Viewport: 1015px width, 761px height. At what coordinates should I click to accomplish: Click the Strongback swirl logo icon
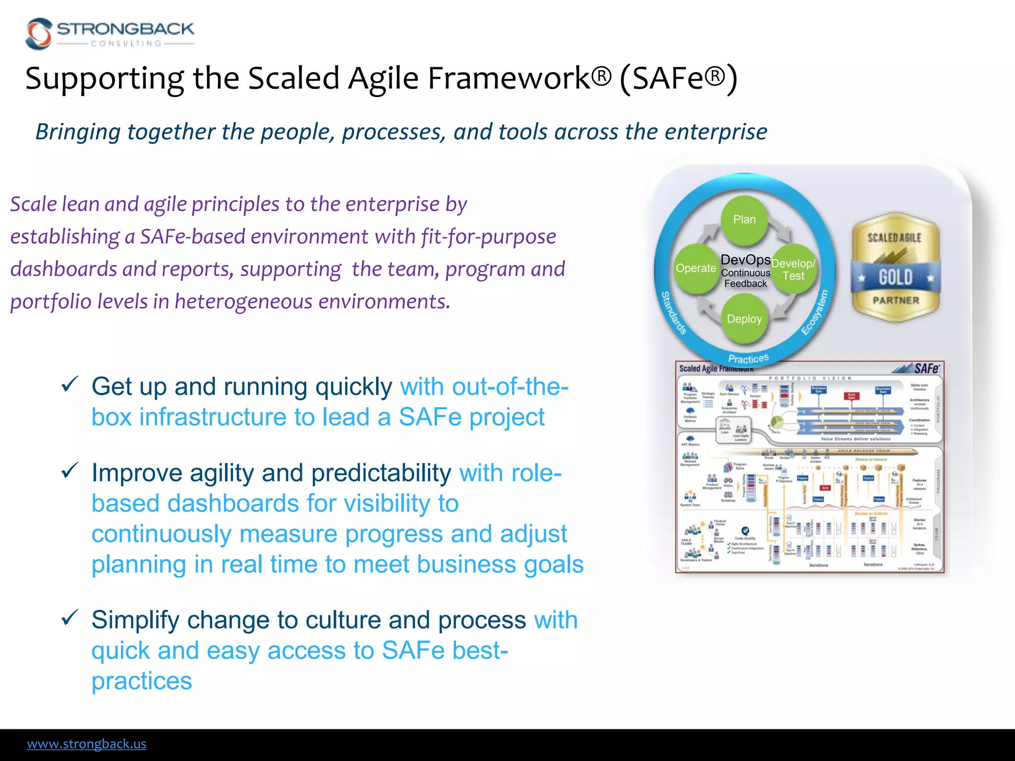(39, 34)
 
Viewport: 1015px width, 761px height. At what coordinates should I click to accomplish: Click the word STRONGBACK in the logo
(125, 29)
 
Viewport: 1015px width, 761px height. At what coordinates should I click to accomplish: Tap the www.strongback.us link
(87, 744)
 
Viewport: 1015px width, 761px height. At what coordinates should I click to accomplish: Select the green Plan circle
(744, 219)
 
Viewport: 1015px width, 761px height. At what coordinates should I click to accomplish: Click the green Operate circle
(695, 268)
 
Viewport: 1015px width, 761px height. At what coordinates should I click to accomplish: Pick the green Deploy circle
(744, 319)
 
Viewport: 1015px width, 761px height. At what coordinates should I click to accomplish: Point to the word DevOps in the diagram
(745, 260)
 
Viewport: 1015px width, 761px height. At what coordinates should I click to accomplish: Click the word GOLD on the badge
(896, 277)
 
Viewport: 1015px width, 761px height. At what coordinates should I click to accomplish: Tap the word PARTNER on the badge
(896, 300)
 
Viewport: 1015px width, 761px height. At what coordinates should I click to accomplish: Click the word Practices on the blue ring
(748, 358)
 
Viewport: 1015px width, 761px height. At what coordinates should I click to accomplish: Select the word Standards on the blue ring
(674, 313)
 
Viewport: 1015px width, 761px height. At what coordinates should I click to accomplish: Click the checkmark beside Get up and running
(70, 384)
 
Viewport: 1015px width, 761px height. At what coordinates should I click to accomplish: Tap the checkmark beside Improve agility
(70, 470)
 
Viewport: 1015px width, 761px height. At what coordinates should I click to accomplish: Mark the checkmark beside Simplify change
(70, 617)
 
